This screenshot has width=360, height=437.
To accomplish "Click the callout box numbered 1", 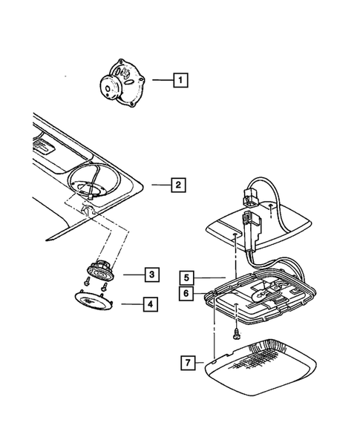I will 180,78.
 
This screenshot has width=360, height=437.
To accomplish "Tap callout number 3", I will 150,275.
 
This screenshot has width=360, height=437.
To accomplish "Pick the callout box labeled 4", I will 150,303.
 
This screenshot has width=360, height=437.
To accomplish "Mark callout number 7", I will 189,363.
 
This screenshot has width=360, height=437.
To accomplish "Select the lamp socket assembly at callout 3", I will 99,269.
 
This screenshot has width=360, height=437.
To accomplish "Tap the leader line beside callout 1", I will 161,78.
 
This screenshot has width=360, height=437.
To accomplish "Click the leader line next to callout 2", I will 158,183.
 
